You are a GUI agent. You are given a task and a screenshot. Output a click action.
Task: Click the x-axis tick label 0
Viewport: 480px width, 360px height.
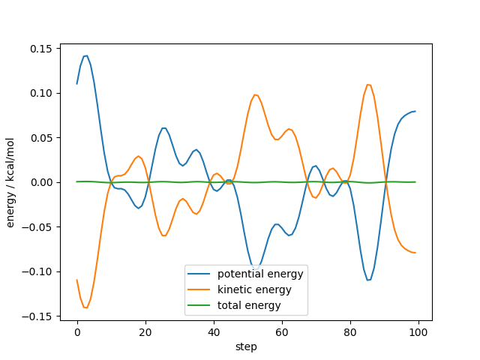tap(77, 331)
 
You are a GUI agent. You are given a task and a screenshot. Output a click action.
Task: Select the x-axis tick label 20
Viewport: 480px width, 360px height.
tap(145, 331)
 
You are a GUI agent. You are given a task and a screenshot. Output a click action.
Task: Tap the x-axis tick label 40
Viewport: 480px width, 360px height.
tap(214, 331)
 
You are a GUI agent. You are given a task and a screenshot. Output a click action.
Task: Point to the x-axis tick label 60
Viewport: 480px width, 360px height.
tap(282, 331)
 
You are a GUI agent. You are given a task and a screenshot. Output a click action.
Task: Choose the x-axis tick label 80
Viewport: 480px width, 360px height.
tap(350, 331)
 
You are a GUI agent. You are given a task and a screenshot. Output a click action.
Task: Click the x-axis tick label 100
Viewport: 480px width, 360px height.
tap(418, 331)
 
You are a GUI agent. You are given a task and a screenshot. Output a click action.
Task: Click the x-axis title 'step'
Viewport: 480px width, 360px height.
tap(247, 346)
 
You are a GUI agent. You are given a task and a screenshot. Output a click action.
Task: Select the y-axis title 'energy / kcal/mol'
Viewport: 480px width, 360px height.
tap(11, 182)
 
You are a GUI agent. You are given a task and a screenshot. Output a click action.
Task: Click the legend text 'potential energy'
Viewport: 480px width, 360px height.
tap(261, 273)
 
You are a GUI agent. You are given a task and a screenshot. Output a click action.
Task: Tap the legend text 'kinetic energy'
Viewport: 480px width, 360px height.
tap(254, 289)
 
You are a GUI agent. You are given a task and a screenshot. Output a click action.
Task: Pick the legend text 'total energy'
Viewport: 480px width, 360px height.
tap(249, 305)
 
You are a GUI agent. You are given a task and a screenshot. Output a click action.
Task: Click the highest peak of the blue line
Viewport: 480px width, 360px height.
tap(85, 55)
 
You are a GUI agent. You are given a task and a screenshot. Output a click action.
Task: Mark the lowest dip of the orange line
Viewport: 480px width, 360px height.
tap(85, 307)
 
